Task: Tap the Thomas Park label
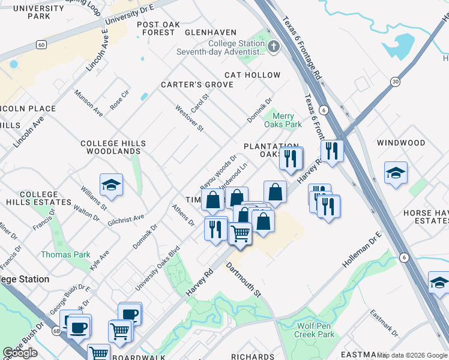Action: point(65,255)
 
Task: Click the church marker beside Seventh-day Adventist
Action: point(274,47)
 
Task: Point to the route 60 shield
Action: point(41,44)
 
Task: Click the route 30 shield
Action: point(394,82)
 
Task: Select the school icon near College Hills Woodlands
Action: point(112,185)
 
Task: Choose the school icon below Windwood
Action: point(396,173)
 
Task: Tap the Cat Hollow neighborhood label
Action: point(252,75)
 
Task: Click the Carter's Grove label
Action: point(196,85)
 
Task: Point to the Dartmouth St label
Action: point(244,280)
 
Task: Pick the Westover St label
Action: point(190,119)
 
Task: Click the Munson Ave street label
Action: point(88,103)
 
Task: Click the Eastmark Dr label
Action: point(384,322)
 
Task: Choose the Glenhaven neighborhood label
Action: point(211,32)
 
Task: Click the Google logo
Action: point(20,353)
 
